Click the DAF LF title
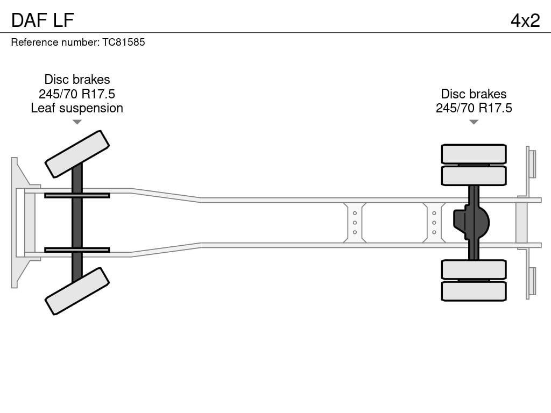pyautogui.click(x=43, y=20)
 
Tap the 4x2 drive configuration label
pyautogui.click(x=525, y=20)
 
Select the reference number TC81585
pyautogui.click(x=124, y=42)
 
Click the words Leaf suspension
pyautogui.click(x=77, y=108)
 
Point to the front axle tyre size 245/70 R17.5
pyautogui.click(x=77, y=94)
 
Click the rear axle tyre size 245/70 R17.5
pyautogui.click(x=474, y=108)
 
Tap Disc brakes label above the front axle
pyautogui.click(x=77, y=80)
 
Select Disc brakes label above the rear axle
pyautogui.click(x=474, y=94)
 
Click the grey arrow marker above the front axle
pyautogui.click(x=77, y=122)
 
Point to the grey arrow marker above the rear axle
pyautogui.click(x=474, y=122)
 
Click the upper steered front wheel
pyautogui.click(x=77, y=154)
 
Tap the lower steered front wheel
pyautogui.click(x=77, y=291)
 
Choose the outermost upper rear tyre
pyautogui.click(x=474, y=154)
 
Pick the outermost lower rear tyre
pyautogui.click(x=474, y=291)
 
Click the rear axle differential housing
pyautogui.click(x=471, y=223)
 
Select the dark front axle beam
pyautogui.click(x=77, y=223)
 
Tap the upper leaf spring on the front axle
pyautogui.click(x=77, y=196)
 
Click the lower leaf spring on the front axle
pyautogui.click(x=77, y=250)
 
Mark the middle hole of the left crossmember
pyautogui.click(x=355, y=223)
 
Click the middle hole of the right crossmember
pyautogui.click(x=434, y=223)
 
